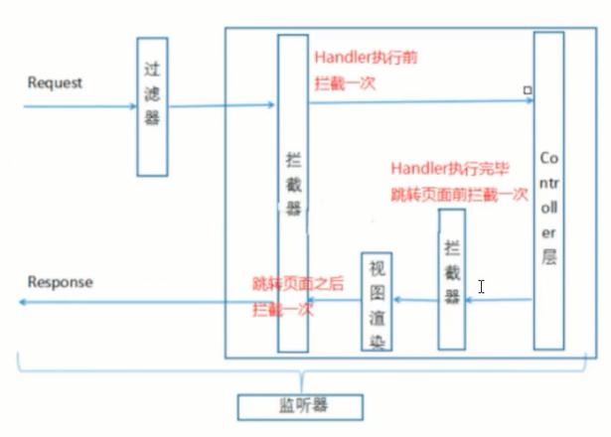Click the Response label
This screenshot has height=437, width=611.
(60, 282)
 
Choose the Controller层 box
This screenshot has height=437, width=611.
(548, 191)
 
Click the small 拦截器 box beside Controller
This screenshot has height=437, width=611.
(452, 278)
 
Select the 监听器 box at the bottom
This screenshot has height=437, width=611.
(300, 406)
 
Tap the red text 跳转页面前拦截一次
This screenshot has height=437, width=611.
(458, 195)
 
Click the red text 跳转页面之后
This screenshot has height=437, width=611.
(298, 283)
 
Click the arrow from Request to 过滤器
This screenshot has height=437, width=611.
(79, 103)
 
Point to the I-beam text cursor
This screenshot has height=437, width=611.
(481, 286)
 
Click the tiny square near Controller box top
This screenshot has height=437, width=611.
(528, 90)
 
